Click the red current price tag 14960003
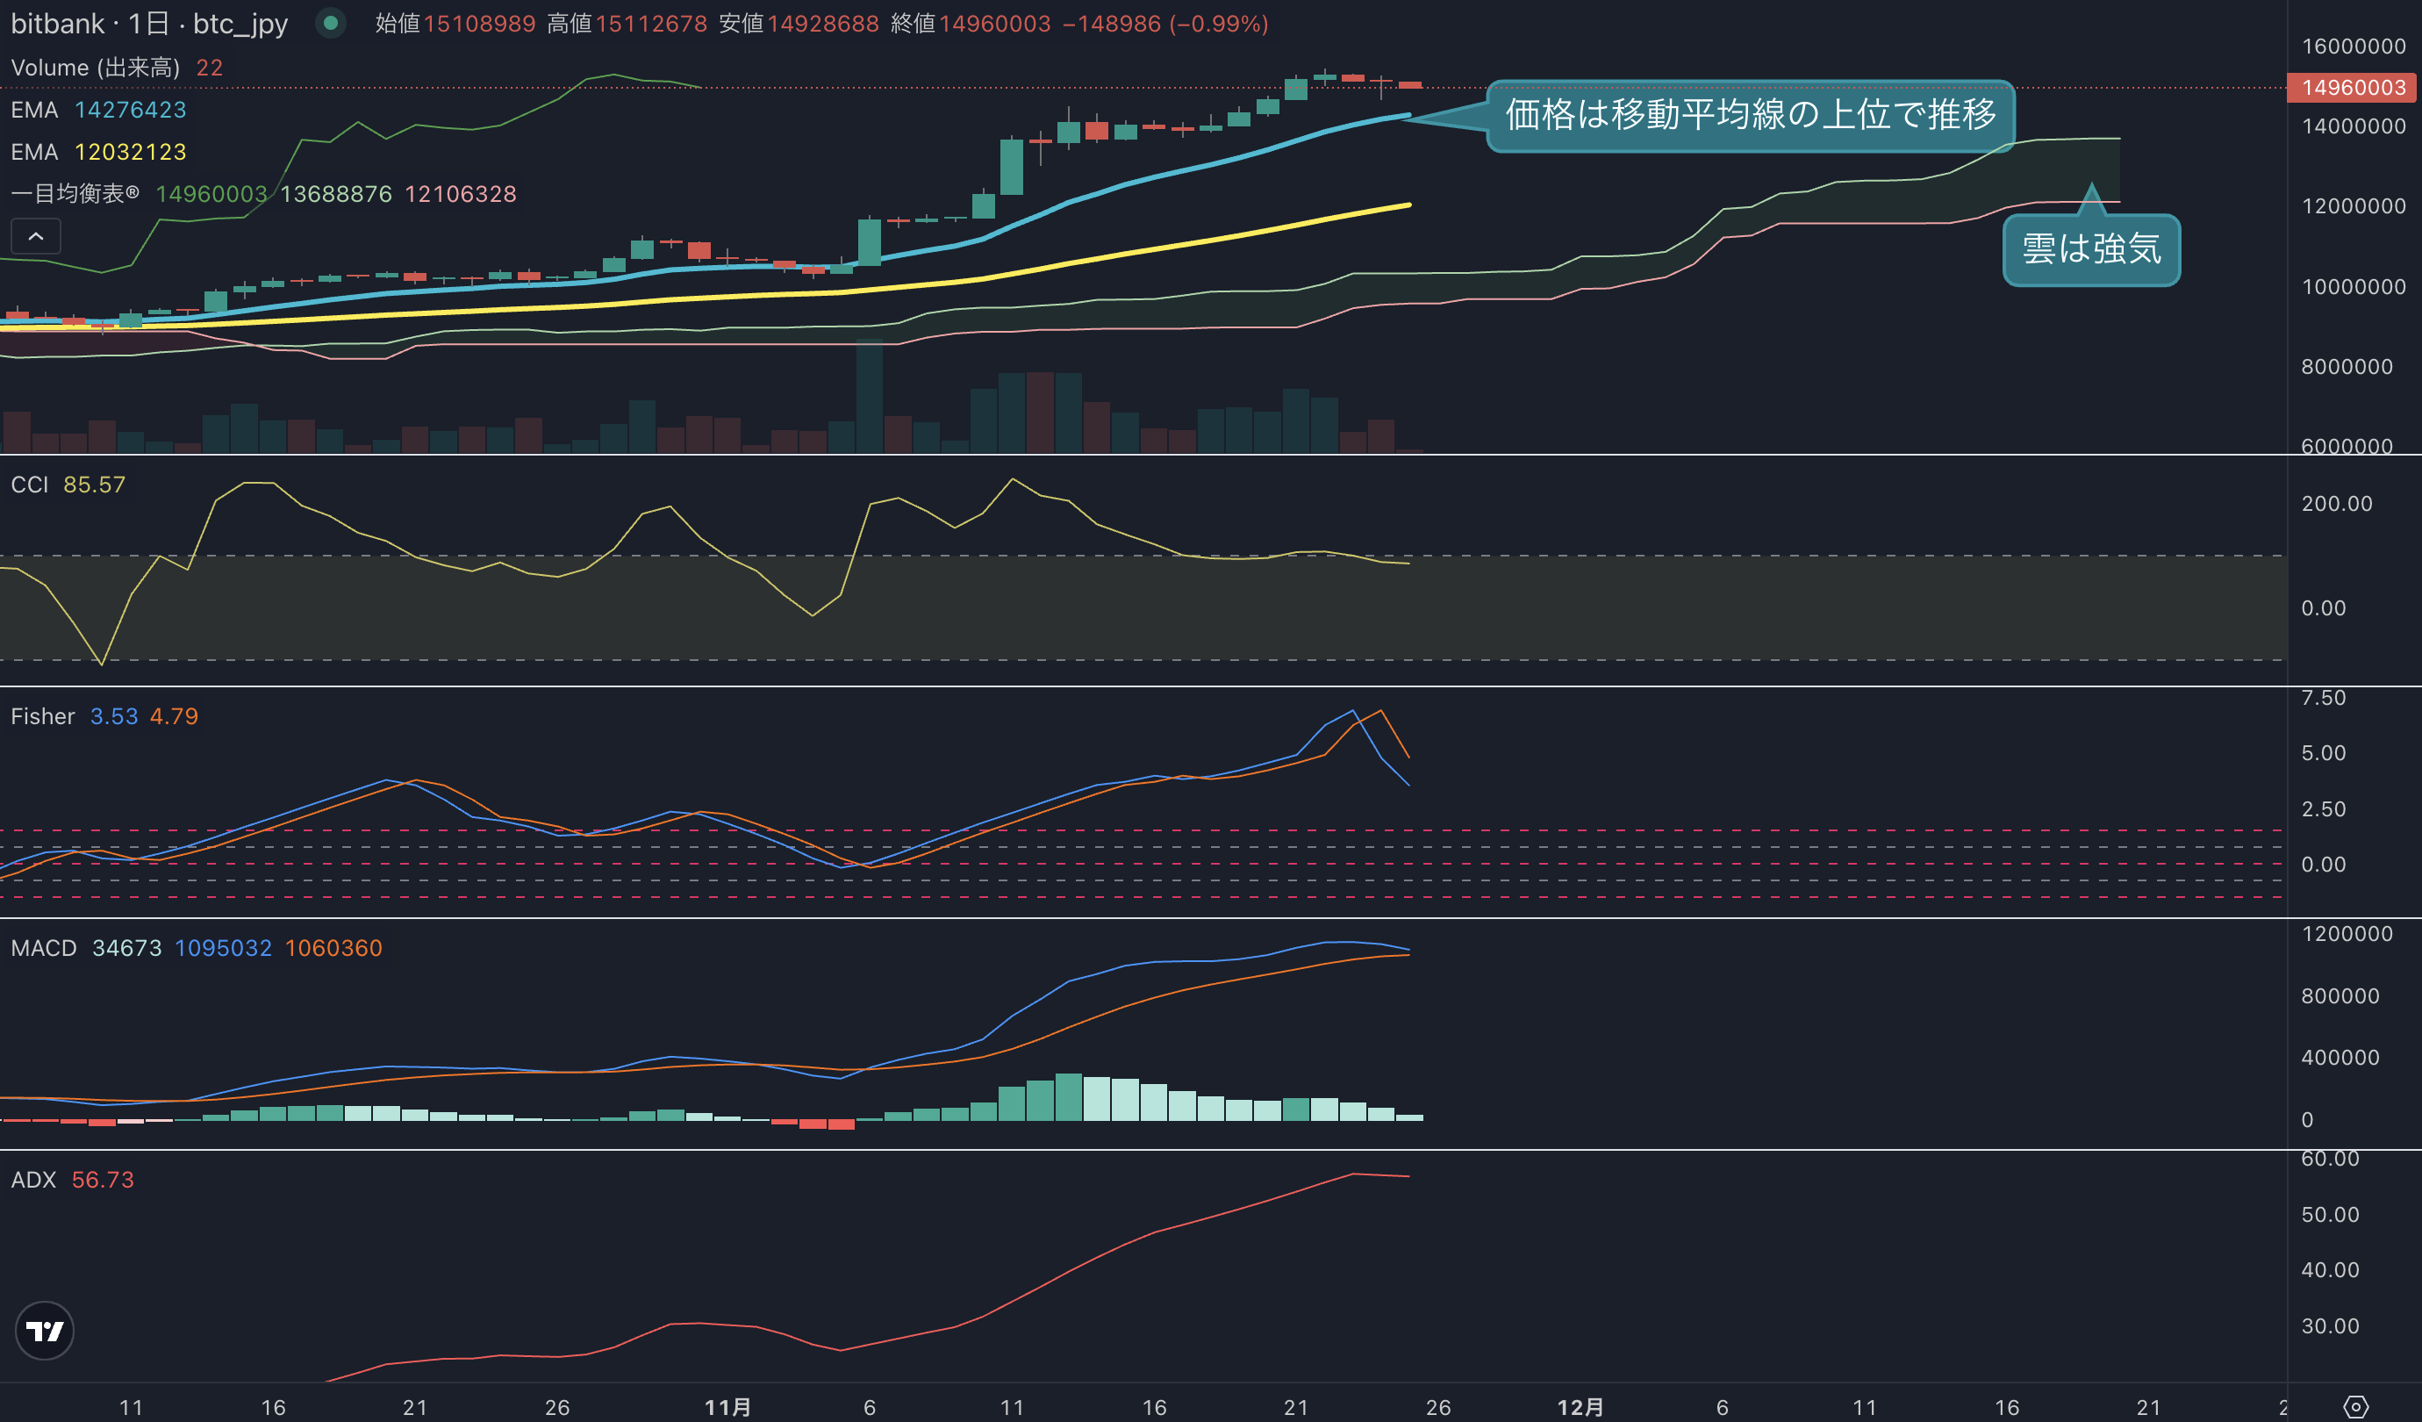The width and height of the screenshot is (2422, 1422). [x=2353, y=88]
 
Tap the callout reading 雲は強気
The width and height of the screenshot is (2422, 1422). [x=2091, y=249]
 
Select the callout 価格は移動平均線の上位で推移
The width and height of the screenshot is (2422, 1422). [x=1750, y=114]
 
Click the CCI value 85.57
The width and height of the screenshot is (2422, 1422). [x=94, y=485]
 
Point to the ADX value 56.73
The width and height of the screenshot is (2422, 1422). [x=103, y=1180]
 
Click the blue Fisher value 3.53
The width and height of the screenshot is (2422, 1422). [x=113, y=716]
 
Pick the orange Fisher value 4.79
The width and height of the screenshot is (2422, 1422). [x=174, y=716]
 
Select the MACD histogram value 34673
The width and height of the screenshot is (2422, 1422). [x=127, y=948]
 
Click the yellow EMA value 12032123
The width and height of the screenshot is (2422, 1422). [x=131, y=152]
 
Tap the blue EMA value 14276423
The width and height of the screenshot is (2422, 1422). [x=131, y=110]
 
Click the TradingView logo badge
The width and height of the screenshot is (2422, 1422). [x=44, y=1331]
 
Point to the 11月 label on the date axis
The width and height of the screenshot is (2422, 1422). [x=727, y=1408]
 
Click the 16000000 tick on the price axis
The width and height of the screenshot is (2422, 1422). [x=2354, y=47]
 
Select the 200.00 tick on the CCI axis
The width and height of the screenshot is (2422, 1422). [x=2337, y=504]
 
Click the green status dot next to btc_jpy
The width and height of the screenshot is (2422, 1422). [x=331, y=22]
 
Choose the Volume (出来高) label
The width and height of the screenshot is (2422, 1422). [x=95, y=68]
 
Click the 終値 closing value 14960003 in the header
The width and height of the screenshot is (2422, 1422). [x=995, y=23]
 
